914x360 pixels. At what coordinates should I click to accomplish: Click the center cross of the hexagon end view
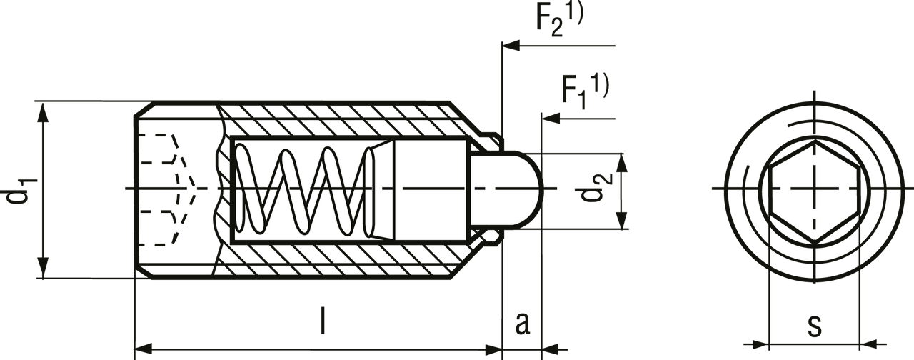pos(813,188)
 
